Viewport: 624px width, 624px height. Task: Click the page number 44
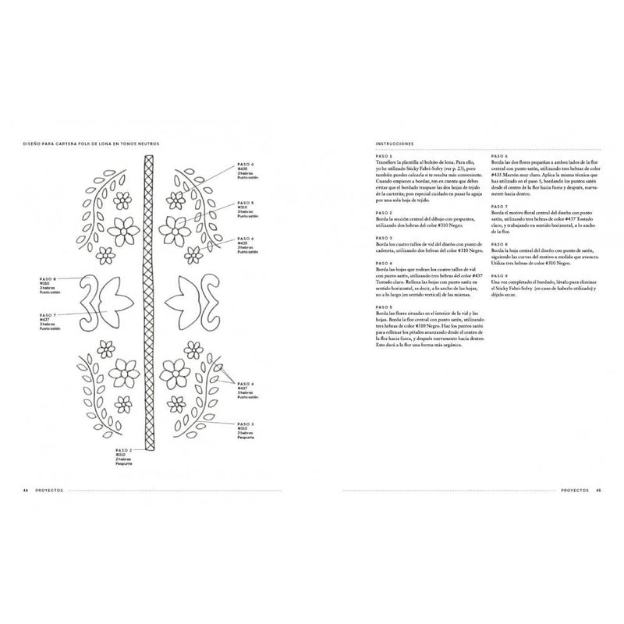click(26, 490)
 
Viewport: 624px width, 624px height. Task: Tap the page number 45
click(598, 490)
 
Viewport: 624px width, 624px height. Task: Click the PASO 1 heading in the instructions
click(385, 154)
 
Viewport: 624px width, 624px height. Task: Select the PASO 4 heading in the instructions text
click(385, 263)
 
